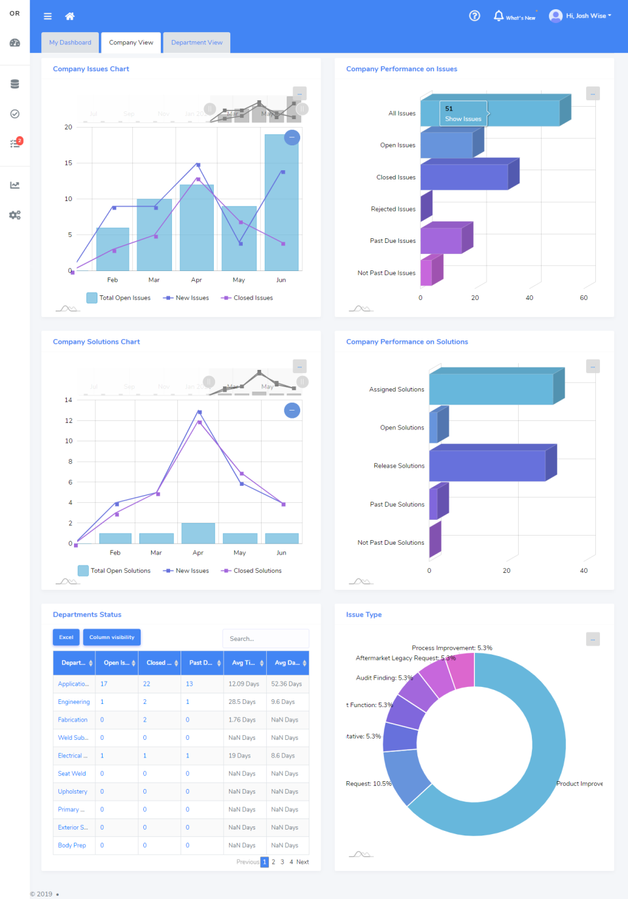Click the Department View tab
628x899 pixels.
[x=196, y=43]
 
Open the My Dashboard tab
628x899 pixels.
[x=70, y=43]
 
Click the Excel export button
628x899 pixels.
[x=66, y=637]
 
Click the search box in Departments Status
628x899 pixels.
[x=265, y=638]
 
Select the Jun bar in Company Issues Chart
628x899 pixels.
[x=281, y=203]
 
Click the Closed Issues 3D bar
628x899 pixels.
[x=464, y=177]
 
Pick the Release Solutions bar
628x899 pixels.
[x=487, y=466]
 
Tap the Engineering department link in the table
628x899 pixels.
[x=74, y=702]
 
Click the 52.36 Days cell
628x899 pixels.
[x=287, y=684]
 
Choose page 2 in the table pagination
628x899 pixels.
[x=273, y=862]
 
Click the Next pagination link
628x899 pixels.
[x=302, y=862]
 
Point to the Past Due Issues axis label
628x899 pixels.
[x=392, y=241]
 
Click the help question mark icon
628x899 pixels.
[x=475, y=16]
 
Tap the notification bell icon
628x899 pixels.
[x=498, y=16]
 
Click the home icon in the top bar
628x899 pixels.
[x=70, y=16]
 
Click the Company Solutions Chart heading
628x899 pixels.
[x=96, y=342]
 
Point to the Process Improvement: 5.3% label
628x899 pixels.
[x=452, y=648]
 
